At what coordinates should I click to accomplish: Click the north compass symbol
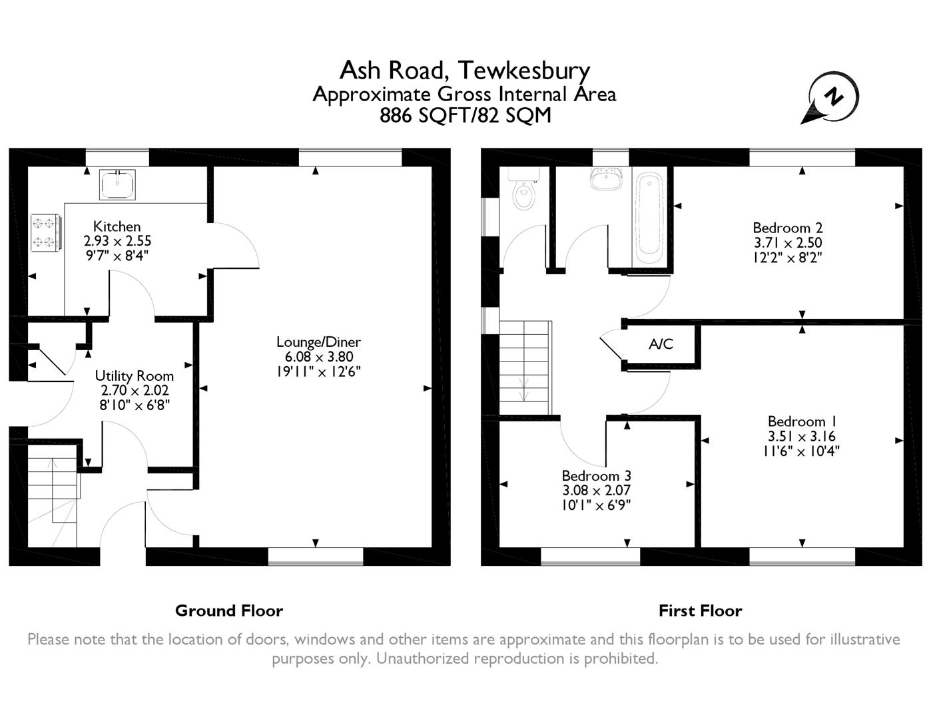click(832, 99)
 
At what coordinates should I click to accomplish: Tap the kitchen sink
click(117, 184)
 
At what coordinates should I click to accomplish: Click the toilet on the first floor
click(524, 195)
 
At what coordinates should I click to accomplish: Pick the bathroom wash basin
click(605, 178)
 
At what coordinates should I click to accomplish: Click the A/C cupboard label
click(661, 344)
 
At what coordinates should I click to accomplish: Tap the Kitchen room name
click(117, 226)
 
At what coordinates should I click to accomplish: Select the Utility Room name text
click(134, 376)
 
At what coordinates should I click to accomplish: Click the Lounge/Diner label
click(318, 342)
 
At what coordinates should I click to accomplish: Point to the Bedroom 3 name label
click(596, 476)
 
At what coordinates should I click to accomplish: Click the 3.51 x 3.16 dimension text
click(801, 437)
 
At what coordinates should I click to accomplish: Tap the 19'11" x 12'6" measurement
click(318, 371)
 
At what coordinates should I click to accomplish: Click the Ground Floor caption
click(228, 610)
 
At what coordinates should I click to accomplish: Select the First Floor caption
click(700, 610)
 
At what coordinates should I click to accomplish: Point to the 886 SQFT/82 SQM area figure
click(465, 116)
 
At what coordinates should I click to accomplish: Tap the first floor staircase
click(525, 367)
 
